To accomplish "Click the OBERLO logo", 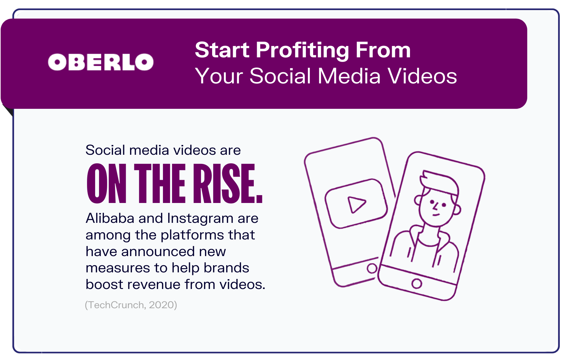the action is [101, 62].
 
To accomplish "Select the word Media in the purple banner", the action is [349, 76].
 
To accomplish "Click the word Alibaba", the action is [110, 218].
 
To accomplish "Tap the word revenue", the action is [153, 285].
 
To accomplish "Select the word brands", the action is [226, 268].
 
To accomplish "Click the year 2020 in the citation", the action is [162, 305].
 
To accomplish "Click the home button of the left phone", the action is [372, 268].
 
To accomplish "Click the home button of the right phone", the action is [417, 283].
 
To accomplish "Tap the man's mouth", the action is [436, 215].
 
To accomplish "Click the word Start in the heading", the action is [222, 50].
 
